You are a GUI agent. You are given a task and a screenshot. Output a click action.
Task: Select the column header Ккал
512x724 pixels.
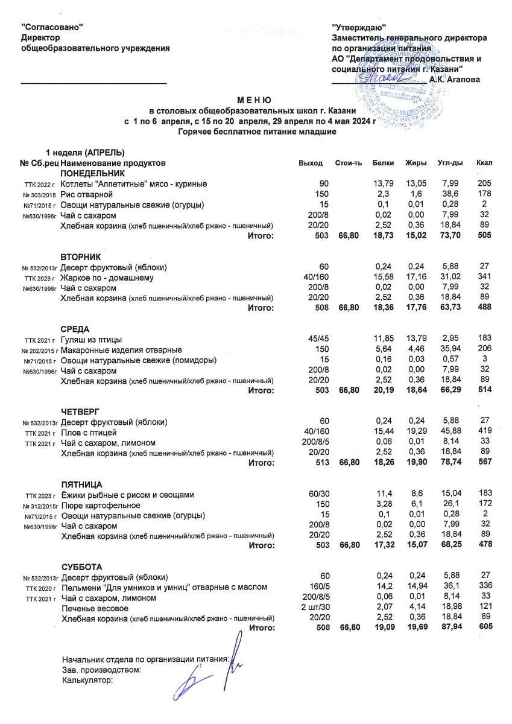click(x=484, y=164)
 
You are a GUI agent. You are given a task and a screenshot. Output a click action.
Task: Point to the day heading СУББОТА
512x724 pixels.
click(x=81, y=567)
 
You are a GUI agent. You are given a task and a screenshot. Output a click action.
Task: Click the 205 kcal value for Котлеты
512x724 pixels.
click(x=484, y=184)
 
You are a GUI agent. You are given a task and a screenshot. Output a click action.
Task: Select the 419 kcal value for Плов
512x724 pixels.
click(x=484, y=433)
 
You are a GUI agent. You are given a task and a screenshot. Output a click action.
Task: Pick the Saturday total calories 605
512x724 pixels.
click(x=484, y=627)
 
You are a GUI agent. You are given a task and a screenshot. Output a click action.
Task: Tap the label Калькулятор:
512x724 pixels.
click(x=88, y=680)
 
